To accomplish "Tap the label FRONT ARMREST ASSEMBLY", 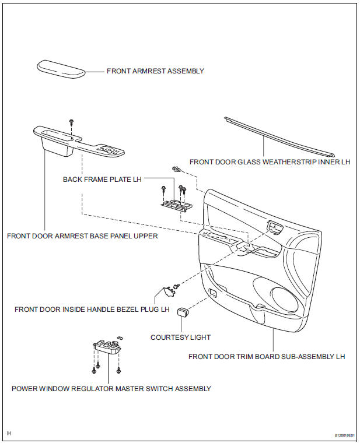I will [155, 71].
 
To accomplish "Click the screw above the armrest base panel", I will [71, 121].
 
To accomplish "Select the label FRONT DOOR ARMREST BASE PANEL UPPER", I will [82, 236].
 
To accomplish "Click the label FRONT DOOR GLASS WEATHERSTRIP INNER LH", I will [270, 161].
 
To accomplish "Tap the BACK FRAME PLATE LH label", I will [102, 180].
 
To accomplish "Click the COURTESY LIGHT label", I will [180, 337].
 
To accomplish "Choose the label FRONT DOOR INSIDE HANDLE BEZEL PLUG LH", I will [92, 309].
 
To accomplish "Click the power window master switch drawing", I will [107, 348].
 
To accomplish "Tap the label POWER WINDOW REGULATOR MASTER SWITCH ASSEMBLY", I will [111, 388].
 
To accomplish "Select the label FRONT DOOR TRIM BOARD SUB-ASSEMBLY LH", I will [266, 356].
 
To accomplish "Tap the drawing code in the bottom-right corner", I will [344, 435].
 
